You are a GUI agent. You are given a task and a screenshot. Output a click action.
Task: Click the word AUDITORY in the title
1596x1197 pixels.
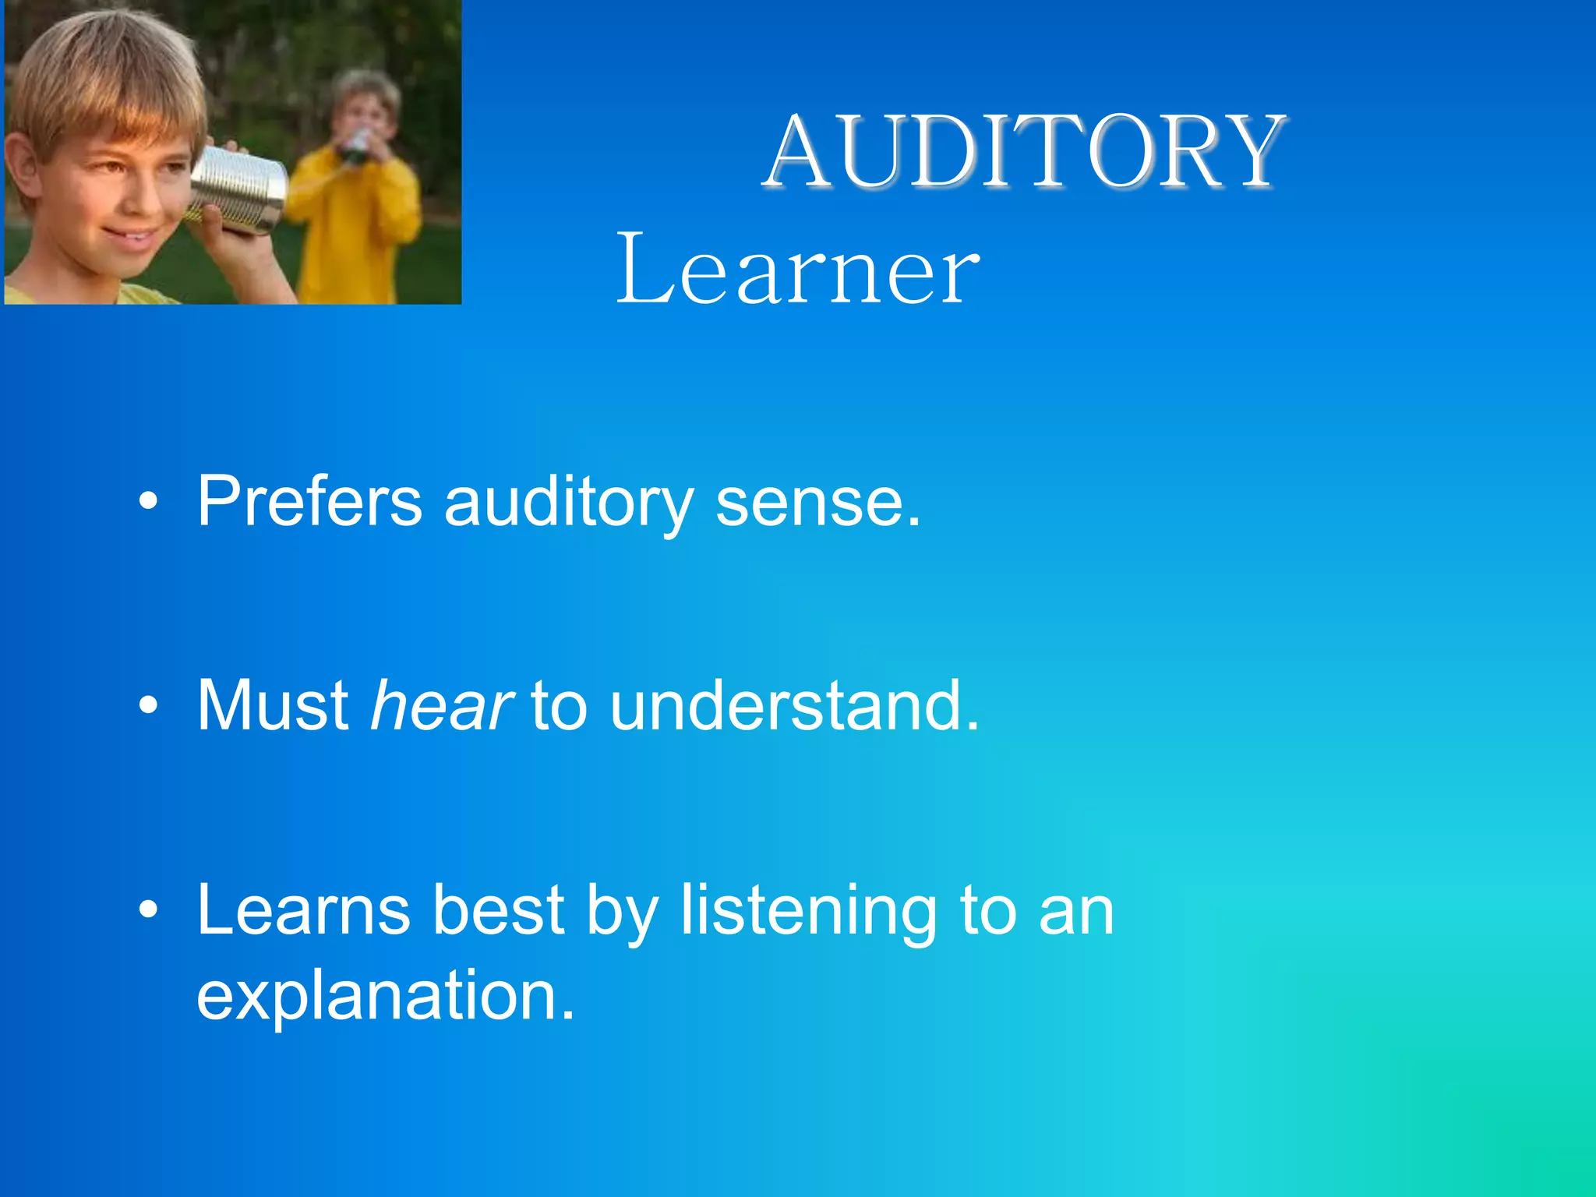(1024, 151)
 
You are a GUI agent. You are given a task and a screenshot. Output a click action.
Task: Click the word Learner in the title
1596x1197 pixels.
(796, 270)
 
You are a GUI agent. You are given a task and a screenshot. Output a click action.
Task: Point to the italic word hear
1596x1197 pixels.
(441, 705)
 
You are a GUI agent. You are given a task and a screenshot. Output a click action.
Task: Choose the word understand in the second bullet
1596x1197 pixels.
(793, 705)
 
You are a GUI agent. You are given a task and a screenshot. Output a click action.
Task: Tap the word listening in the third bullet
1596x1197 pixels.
(809, 912)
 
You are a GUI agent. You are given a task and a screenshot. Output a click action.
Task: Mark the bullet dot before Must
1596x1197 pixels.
(148, 706)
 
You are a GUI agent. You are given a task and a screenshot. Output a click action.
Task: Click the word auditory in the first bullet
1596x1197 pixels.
(568, 503)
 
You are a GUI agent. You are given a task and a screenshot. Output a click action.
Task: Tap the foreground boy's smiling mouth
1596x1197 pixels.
(132, 234)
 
